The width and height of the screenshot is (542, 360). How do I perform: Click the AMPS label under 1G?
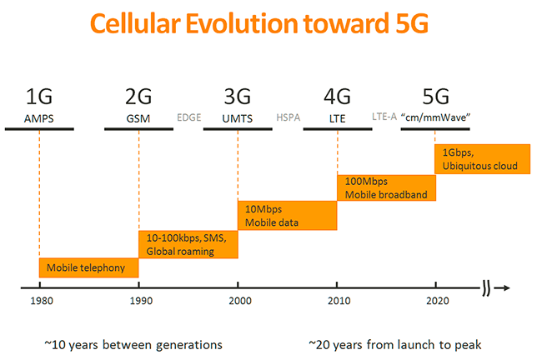(x=38, y=118)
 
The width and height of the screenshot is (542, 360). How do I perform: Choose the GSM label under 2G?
(x=138, y=118)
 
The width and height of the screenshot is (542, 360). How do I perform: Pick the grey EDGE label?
(x=189, y=117)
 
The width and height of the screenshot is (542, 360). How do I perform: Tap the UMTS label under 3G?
(x=238, y=118)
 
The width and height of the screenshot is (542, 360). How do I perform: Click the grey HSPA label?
(x=289, y=117)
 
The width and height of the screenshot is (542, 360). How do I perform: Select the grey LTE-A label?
(x=386, y=117)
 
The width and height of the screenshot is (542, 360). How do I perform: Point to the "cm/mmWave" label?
(x=437, y=117)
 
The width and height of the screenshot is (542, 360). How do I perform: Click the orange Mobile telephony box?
(x=88, y=268)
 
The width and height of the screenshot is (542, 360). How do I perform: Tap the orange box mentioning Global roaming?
(x=188, y=244)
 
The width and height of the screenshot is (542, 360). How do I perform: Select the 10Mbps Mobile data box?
(x=287, y=215)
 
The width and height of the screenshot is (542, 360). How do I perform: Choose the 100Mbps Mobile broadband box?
(x=386, y=187)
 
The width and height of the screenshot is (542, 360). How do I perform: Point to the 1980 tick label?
(x=38, y=303)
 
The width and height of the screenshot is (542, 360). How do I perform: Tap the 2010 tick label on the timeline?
(x=338, y=303)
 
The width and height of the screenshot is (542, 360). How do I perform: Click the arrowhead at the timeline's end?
(x=504, y=288)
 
